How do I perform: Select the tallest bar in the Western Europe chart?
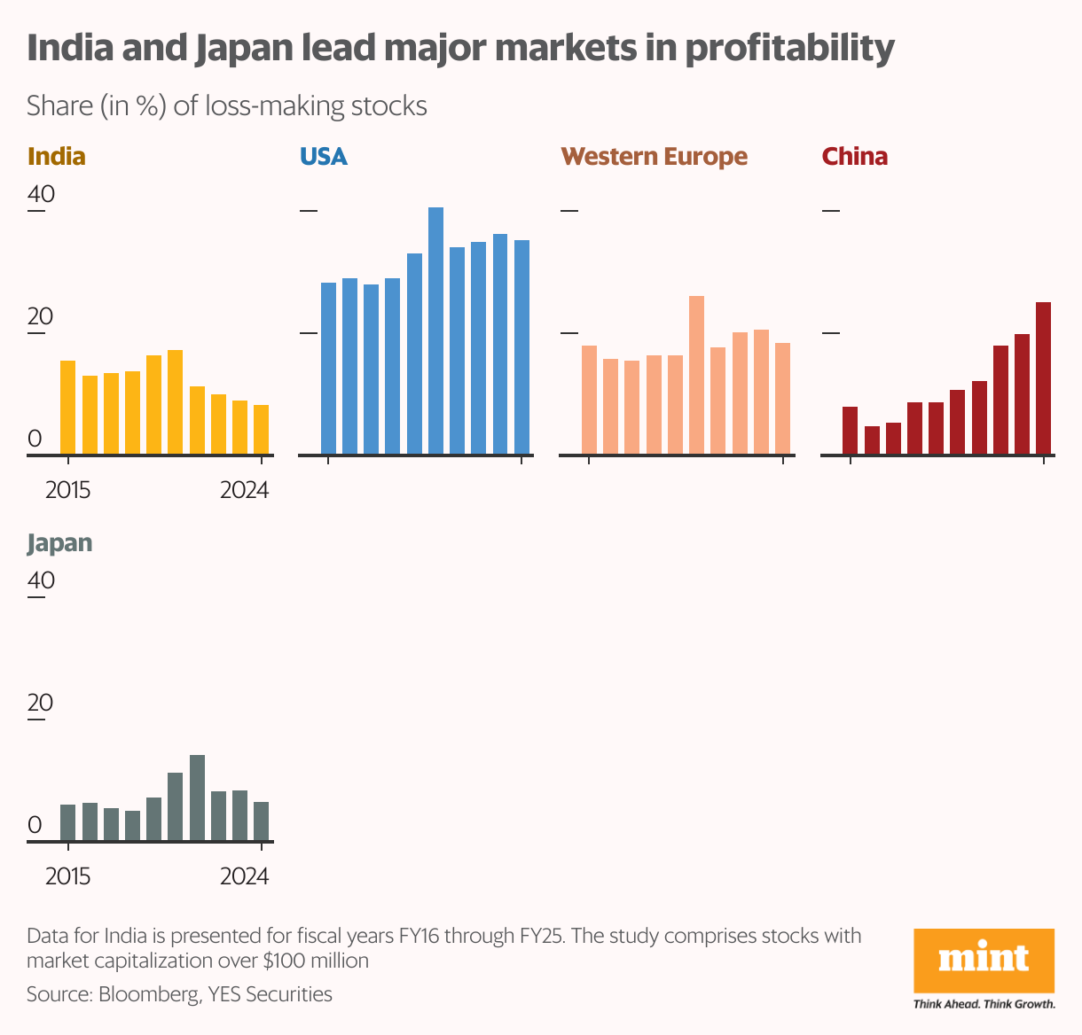696,375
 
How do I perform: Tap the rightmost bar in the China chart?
1043,378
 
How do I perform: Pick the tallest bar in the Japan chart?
197,798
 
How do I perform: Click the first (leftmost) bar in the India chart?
67,408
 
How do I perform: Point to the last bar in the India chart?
261,430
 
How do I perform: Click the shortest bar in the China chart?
872,440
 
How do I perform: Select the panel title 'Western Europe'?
654,157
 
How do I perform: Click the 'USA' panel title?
323,157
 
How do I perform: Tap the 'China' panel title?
854,157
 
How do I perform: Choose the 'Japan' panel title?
59,543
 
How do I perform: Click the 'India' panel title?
57,157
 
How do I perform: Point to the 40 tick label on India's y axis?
41,193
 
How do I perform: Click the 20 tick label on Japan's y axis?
41,703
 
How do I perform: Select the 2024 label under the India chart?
244,490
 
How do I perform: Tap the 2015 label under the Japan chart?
67,876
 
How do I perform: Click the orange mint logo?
984,961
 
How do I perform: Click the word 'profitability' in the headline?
789,48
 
